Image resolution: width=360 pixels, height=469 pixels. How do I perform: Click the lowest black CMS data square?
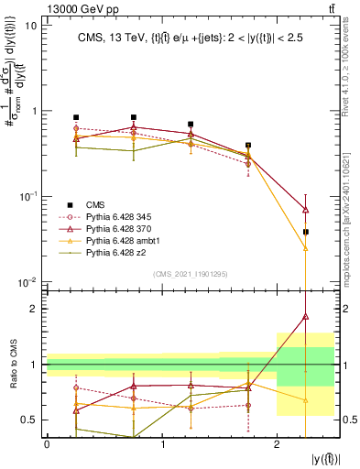pyautogui.click(x=306, y=232)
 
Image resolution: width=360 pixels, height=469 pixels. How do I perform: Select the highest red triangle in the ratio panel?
pyautogui.click(x=306, y=317)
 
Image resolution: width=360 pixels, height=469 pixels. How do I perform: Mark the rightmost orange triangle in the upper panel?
pyautogui.click(x=306, y=247)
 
